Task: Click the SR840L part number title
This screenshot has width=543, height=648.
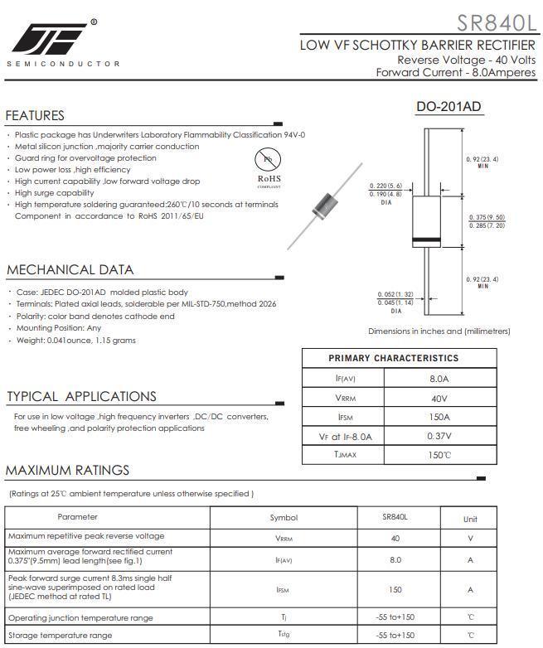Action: [x=496, y=22]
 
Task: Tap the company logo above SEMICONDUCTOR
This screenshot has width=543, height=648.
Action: [x=50, y=37]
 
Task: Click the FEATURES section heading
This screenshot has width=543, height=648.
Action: [x=35, y=115]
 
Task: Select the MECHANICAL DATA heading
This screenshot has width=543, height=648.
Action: [x=70, y=269]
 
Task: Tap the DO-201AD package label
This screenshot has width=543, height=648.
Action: [x=448, y=107]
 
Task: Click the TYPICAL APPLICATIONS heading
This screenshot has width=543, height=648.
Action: [x=81, y=396]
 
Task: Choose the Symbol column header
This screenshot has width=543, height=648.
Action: [x=284, y=518]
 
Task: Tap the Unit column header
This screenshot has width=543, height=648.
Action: [x=470, y=519]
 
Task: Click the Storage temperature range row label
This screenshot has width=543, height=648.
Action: [x=60, y=636]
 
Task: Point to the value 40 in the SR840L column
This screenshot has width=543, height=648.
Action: [x=395, y=538]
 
